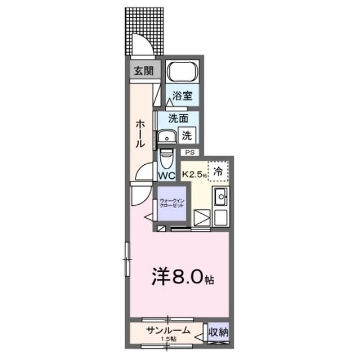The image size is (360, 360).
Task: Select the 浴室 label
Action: point(183,96)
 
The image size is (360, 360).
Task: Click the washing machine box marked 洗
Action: point(188,136)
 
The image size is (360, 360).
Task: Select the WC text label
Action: point(166,175)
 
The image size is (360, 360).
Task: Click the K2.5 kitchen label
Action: point(194,175)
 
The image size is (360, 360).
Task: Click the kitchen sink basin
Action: point(219,198)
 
